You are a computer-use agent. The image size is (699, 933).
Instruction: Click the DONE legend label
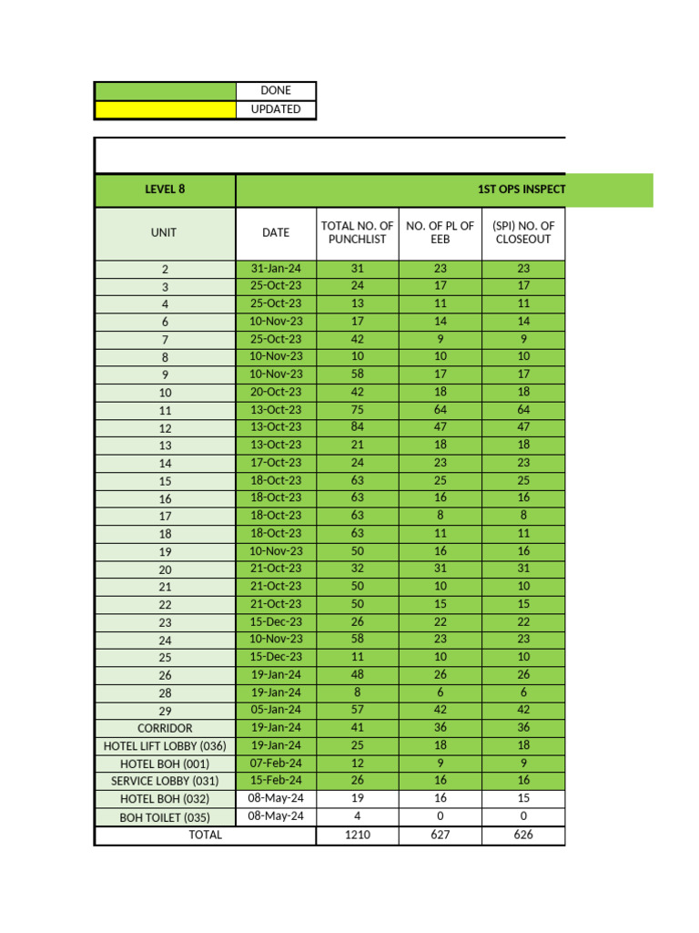click(x=276, y=91)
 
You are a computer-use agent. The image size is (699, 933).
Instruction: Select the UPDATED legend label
click(x=276, y=109)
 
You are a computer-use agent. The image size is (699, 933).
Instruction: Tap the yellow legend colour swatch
click(x=165, y=109)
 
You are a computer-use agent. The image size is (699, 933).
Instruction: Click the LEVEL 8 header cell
click(x=165, y=190)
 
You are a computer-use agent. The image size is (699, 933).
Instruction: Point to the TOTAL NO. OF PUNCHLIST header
click(x=357, y=232)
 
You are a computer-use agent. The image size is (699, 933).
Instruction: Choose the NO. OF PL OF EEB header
click(x=440, y=232)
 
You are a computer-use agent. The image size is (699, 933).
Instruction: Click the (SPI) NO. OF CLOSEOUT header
click(x=523, y=232)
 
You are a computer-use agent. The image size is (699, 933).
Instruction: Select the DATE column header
click(x=276, y=232)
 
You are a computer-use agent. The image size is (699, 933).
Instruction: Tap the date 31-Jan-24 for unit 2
click(x=276, y=269)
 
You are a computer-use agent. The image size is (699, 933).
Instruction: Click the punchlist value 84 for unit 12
click(x=357, y=427)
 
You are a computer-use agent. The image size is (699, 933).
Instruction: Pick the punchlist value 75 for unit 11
click(x=357, y=410)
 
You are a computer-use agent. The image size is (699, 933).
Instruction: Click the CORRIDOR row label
click(x=165, y=728)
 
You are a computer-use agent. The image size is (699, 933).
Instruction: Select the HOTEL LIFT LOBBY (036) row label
click(x=165, y=746)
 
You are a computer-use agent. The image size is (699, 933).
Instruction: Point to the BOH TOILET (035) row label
click(x=165, y=817)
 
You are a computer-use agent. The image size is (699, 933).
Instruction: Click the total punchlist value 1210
click(x=357, y=835)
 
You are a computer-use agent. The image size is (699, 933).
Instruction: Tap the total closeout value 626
click(x=523, y=835)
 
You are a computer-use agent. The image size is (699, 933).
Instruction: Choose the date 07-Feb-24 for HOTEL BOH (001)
click(x=276, y=763)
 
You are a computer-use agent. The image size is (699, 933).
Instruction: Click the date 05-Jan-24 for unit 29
click(x=276, y=710)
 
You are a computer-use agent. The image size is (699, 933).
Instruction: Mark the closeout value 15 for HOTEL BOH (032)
click(x=523, y=798)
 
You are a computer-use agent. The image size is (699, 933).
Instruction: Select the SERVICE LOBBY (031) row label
click(x=165, y=781)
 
